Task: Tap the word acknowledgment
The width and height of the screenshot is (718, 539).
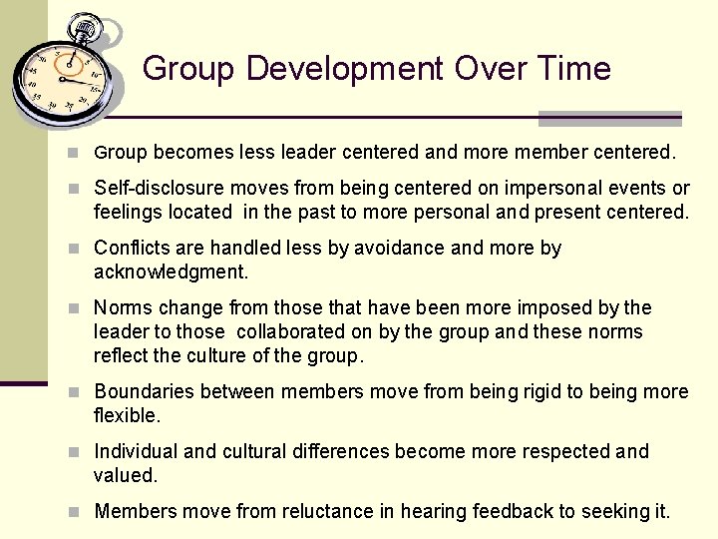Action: pos(171,272)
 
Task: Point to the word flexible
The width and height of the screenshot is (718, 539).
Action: pos(126,415)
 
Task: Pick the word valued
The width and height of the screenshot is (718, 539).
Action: pos(125,475)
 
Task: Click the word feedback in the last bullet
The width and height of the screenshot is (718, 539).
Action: pos(508,511)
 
